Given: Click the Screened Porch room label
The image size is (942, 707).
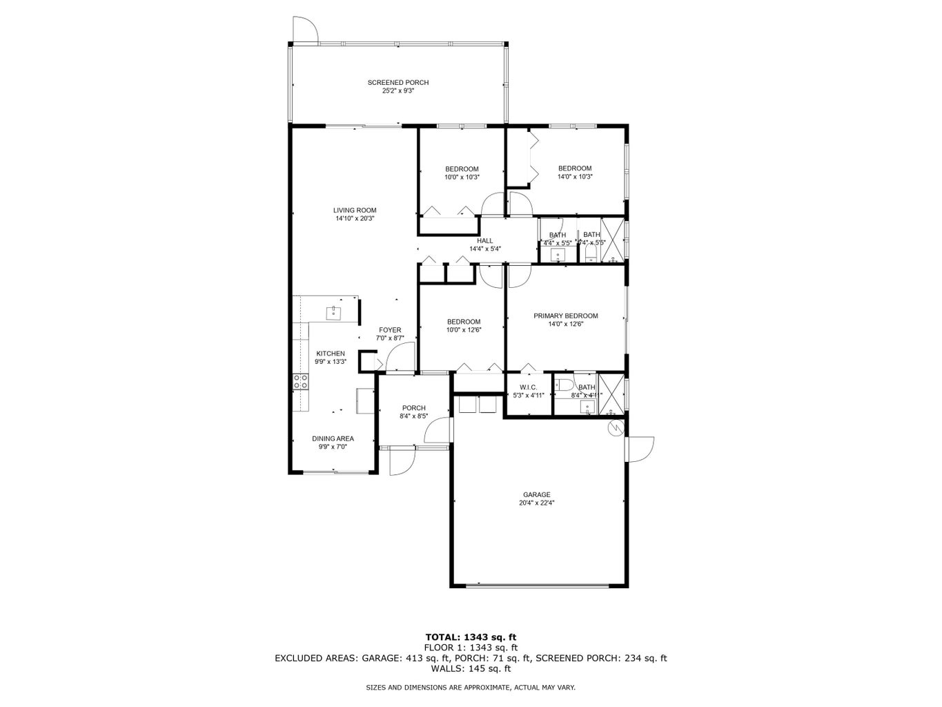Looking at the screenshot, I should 398,83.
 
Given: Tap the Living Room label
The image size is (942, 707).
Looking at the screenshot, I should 355,211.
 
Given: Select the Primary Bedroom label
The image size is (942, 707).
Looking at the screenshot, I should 565,316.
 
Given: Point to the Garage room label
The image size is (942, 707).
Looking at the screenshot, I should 536,494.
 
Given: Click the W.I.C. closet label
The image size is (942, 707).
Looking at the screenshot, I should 528,387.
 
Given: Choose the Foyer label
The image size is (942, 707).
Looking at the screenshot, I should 389,330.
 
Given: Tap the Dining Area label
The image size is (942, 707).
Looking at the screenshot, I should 333,438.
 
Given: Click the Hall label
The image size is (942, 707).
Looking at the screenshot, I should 484,241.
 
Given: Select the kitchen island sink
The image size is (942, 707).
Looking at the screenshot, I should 334,312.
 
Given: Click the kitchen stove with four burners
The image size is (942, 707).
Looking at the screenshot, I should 300,381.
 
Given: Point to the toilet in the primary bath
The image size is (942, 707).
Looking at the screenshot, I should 562,385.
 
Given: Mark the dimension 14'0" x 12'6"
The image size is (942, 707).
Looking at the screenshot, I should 565,325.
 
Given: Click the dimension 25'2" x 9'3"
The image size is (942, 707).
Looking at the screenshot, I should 398,91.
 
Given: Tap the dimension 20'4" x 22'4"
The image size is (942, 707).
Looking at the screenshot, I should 536,503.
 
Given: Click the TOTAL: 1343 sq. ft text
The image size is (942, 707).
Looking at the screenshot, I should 471,637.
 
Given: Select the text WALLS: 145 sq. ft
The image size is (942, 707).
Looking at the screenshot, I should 471,668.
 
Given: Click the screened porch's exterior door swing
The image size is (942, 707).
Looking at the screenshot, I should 304,29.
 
